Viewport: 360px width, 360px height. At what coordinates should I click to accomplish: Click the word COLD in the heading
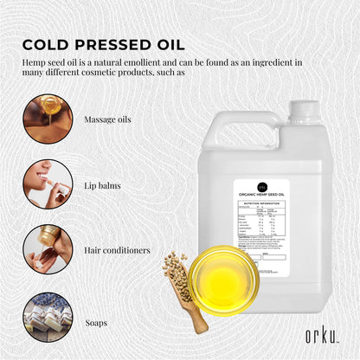point(44,44)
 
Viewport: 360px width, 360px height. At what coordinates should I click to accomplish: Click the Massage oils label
point(108,119)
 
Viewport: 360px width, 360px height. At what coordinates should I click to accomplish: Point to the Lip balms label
point(103,184)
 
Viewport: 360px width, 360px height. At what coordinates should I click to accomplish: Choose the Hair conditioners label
point(118,250)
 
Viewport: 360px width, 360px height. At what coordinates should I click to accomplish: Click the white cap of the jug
point(304,110)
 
